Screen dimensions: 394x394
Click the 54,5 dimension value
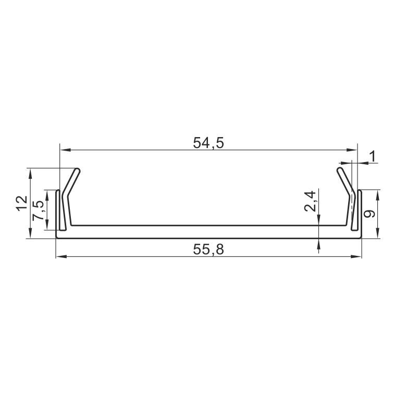pyautogui.click(x=208, y=143)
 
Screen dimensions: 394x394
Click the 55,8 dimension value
pyautogui.click(x=208, y=250)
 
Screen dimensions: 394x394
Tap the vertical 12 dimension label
pyautogui.click(x=22, y=203)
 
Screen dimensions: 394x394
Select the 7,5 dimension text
pyautogui.click(x=38, y=211)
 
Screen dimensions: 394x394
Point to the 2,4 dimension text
pyautogui.click(x=310, y=201)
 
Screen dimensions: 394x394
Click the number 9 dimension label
pyautogui.click(x=370, y=214)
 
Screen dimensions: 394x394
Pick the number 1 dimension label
pyautogui.click(x=373, y=156)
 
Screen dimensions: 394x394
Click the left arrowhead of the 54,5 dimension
pyautogui.click(x=65, y=150)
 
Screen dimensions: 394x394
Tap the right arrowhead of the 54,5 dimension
pyautogui.click(x=352, y=150)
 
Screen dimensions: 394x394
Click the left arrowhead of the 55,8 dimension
pyautogui.click(x=61, y=256)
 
